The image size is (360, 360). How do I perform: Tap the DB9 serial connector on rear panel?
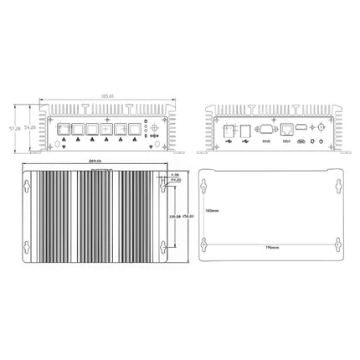coord(266,130)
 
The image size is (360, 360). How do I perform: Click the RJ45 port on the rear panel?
coord(287,130)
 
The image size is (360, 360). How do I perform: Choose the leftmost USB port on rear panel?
coord(228,130)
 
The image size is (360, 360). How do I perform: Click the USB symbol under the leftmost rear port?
coord(228,141)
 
